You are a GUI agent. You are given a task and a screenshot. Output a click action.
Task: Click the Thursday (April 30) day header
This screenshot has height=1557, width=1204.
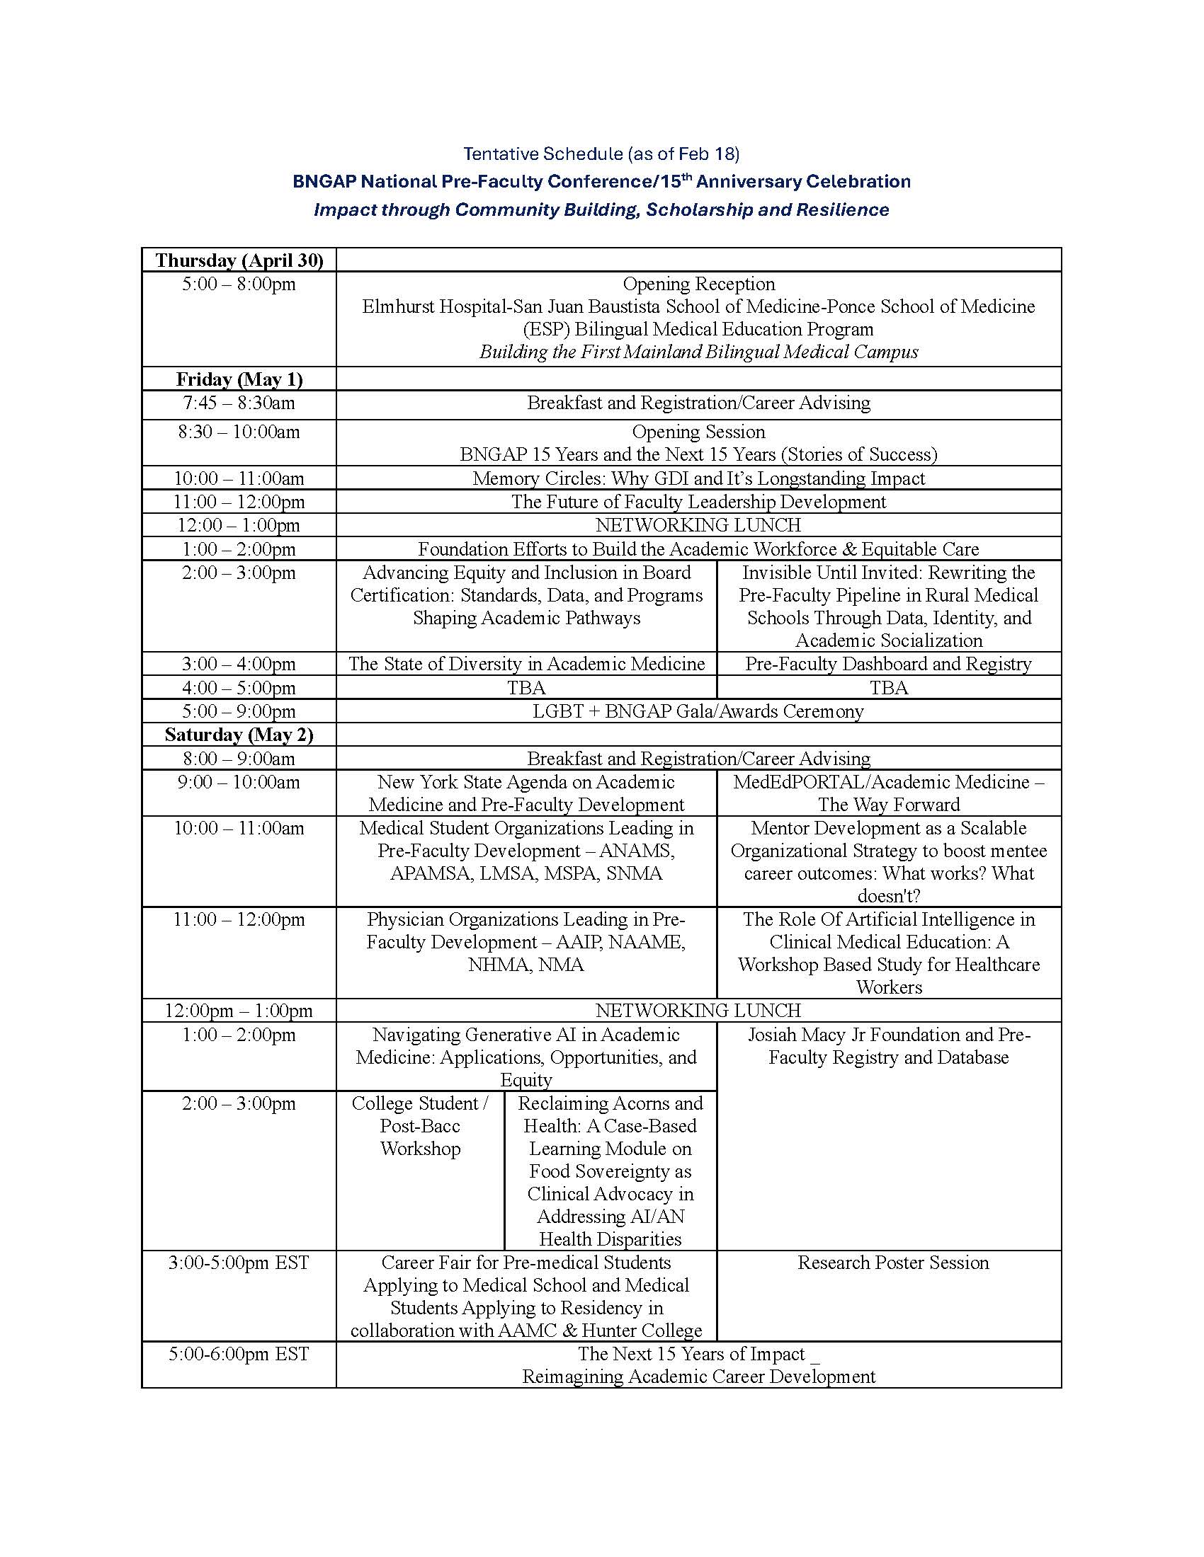[x=239, y=260]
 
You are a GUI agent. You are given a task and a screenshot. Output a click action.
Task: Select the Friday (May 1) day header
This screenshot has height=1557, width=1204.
[x=239, y=379]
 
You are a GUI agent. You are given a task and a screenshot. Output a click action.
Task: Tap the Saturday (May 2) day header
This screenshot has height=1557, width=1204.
[x=239, y=735]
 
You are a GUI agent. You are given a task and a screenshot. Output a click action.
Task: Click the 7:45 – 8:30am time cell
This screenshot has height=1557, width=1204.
[x=239, y=403]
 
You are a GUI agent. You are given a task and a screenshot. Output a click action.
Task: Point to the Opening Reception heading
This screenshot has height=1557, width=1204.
[x=698, y=284]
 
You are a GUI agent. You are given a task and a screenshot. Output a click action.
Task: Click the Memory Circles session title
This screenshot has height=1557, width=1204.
[x=698, y=478]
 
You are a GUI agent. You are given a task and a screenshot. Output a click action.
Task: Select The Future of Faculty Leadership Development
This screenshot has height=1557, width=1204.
[x=698, y=502]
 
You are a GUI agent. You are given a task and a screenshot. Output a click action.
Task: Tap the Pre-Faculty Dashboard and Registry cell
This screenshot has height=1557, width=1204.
[x=888, y=664]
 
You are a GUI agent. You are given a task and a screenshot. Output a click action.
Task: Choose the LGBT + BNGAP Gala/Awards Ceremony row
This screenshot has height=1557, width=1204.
[x=698, y=711]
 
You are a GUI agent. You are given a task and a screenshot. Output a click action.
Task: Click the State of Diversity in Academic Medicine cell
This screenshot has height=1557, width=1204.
[x=526, y=664]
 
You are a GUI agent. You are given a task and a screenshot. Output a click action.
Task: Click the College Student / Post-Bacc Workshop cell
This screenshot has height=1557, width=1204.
[x=420, y=1126]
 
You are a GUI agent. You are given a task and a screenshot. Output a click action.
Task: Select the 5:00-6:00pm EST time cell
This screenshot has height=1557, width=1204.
[x=239, y=1354]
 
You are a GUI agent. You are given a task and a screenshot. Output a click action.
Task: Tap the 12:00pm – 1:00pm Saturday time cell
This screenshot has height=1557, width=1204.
[x=239, y=1010]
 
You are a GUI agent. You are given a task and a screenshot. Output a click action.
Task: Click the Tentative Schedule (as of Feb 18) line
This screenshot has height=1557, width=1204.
[x=601, y=154]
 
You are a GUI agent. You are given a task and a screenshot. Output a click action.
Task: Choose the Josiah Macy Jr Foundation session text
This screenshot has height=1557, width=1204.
[x=888, y=1046]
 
